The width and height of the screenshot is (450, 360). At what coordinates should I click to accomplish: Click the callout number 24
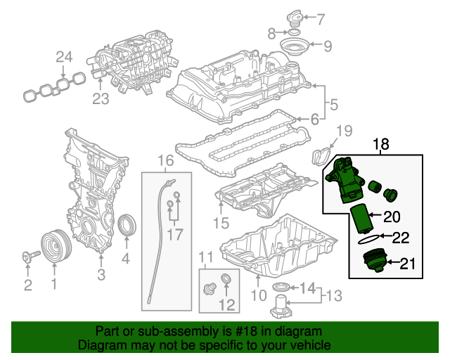click(64, 57)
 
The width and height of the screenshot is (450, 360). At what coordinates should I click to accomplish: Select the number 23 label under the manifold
click(101, 98)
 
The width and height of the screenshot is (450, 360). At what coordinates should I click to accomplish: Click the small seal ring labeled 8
click(293, 32)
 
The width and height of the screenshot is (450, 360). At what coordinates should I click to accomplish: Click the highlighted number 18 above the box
click(380, 145)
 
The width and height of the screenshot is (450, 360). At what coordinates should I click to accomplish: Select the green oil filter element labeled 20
click(359, 219)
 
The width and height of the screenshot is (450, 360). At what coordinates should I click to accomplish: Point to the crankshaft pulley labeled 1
click(53, 246)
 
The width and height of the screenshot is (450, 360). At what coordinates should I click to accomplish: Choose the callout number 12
click(227, 304)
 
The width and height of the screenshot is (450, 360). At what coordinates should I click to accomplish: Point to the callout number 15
click(221, 224)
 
